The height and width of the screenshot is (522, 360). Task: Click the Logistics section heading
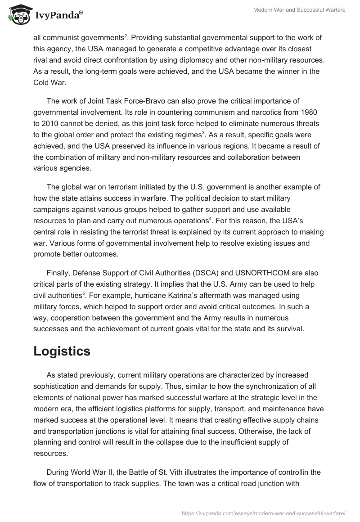(x=62, y=351)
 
